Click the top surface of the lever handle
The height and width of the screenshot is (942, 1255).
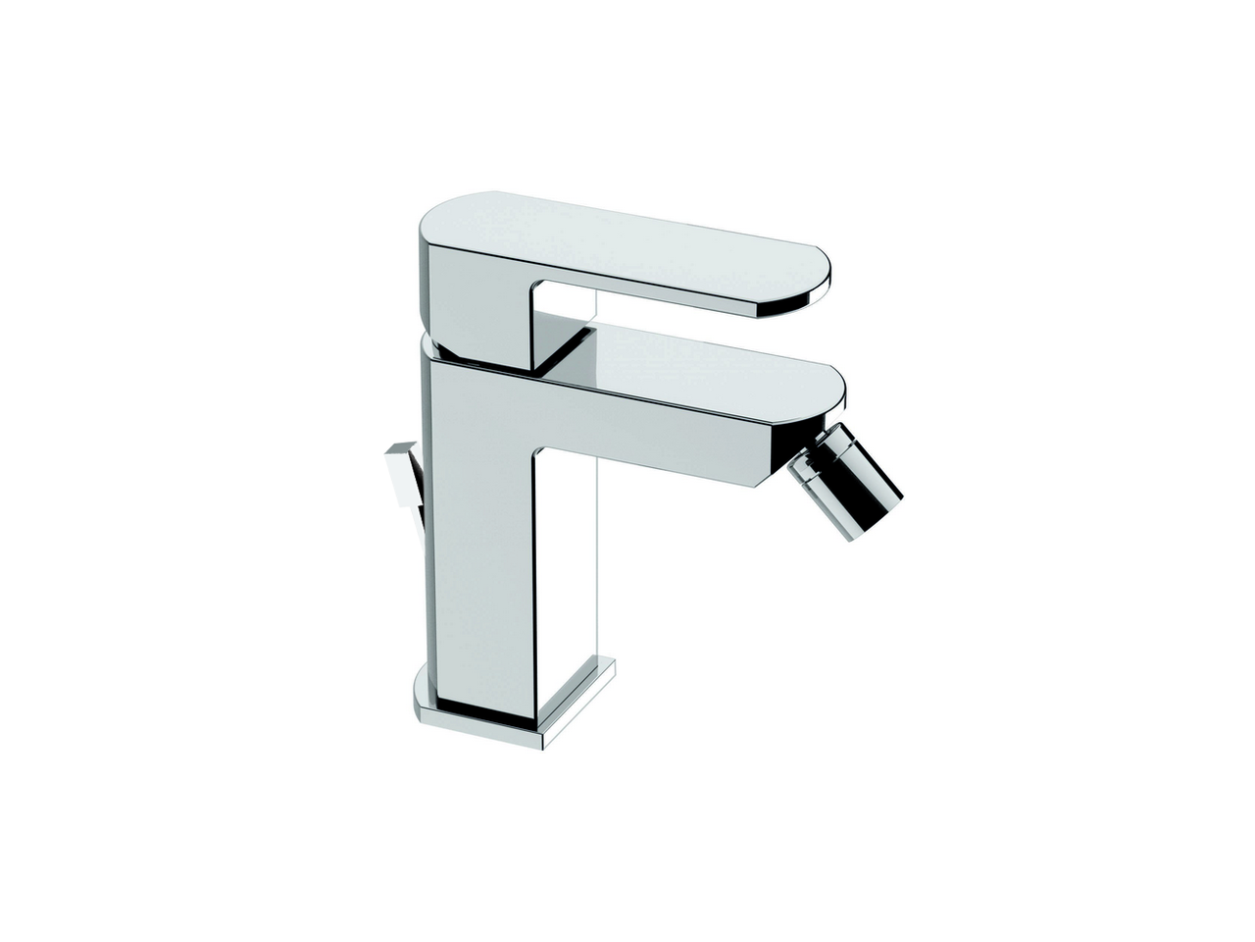608,235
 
